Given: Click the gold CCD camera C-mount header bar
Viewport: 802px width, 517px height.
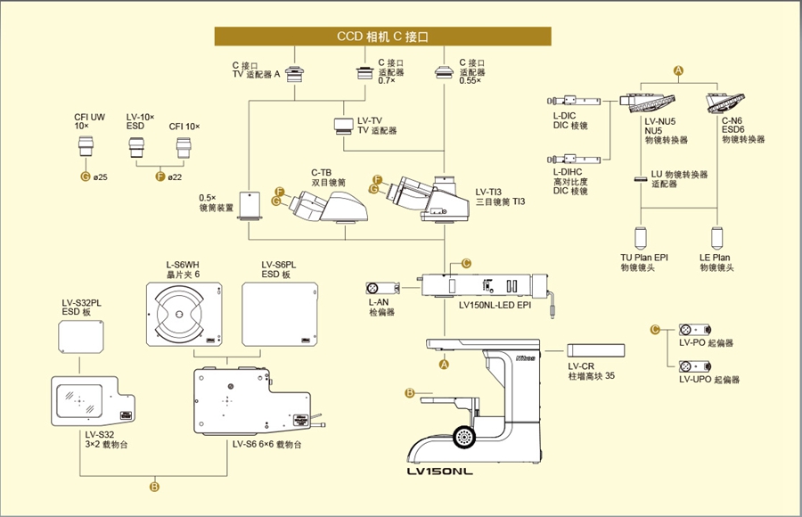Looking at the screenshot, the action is coord(382,37).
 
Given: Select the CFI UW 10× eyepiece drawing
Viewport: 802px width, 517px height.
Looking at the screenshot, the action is coord(86,145).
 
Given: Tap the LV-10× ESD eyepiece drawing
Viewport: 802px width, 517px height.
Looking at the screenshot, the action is coord(136,147).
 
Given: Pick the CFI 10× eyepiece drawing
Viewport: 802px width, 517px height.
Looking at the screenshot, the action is coord(184,147).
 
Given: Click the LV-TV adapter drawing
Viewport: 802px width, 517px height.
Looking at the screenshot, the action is coord(344,126).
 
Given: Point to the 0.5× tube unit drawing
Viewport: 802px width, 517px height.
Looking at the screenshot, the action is coord(250,206).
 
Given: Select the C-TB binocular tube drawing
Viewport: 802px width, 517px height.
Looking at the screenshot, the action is coord(328,208).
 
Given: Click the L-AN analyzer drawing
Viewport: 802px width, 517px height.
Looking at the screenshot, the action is coord(382,288).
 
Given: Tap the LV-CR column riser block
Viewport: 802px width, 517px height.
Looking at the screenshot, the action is coord(596,350).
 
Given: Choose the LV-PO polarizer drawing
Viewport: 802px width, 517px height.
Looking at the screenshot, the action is coord(694,330).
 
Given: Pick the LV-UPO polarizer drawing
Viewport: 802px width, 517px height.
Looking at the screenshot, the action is coord(694,366).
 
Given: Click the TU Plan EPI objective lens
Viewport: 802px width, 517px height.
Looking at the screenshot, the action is coord(641,238).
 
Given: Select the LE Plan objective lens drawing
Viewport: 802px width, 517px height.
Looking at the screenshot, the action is coord(717,238).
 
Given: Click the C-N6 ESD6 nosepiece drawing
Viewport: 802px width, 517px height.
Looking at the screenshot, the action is coord(724,103).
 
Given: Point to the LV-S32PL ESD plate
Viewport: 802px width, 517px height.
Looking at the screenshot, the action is coord(81,337).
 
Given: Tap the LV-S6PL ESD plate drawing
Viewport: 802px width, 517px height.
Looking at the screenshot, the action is coord(281,315).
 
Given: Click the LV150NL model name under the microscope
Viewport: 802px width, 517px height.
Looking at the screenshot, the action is coord(440,472).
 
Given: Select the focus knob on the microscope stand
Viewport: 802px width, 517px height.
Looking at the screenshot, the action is coord(464,437).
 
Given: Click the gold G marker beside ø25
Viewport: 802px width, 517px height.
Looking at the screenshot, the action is coord(86,176).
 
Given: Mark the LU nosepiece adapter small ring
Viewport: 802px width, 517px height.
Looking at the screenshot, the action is coord(641,179).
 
